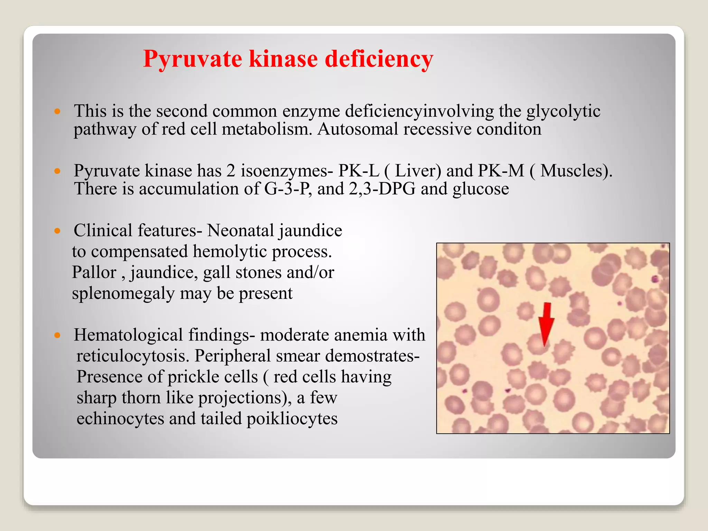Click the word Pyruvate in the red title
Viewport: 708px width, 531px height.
click(193, 59)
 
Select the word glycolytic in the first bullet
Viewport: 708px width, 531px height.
click(563, 112)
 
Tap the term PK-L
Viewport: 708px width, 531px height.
click(358, 171)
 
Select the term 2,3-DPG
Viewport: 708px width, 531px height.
click(382, 189)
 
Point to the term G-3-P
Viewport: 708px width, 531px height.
click(286, 189)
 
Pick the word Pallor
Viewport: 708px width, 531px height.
click(94, 272)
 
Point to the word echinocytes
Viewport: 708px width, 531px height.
click(120, 419)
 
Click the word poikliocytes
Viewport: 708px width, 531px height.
click(292, 419)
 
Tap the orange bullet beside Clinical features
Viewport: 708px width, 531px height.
click(57, 231)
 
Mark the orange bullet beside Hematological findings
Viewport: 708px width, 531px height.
click(57, 335)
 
